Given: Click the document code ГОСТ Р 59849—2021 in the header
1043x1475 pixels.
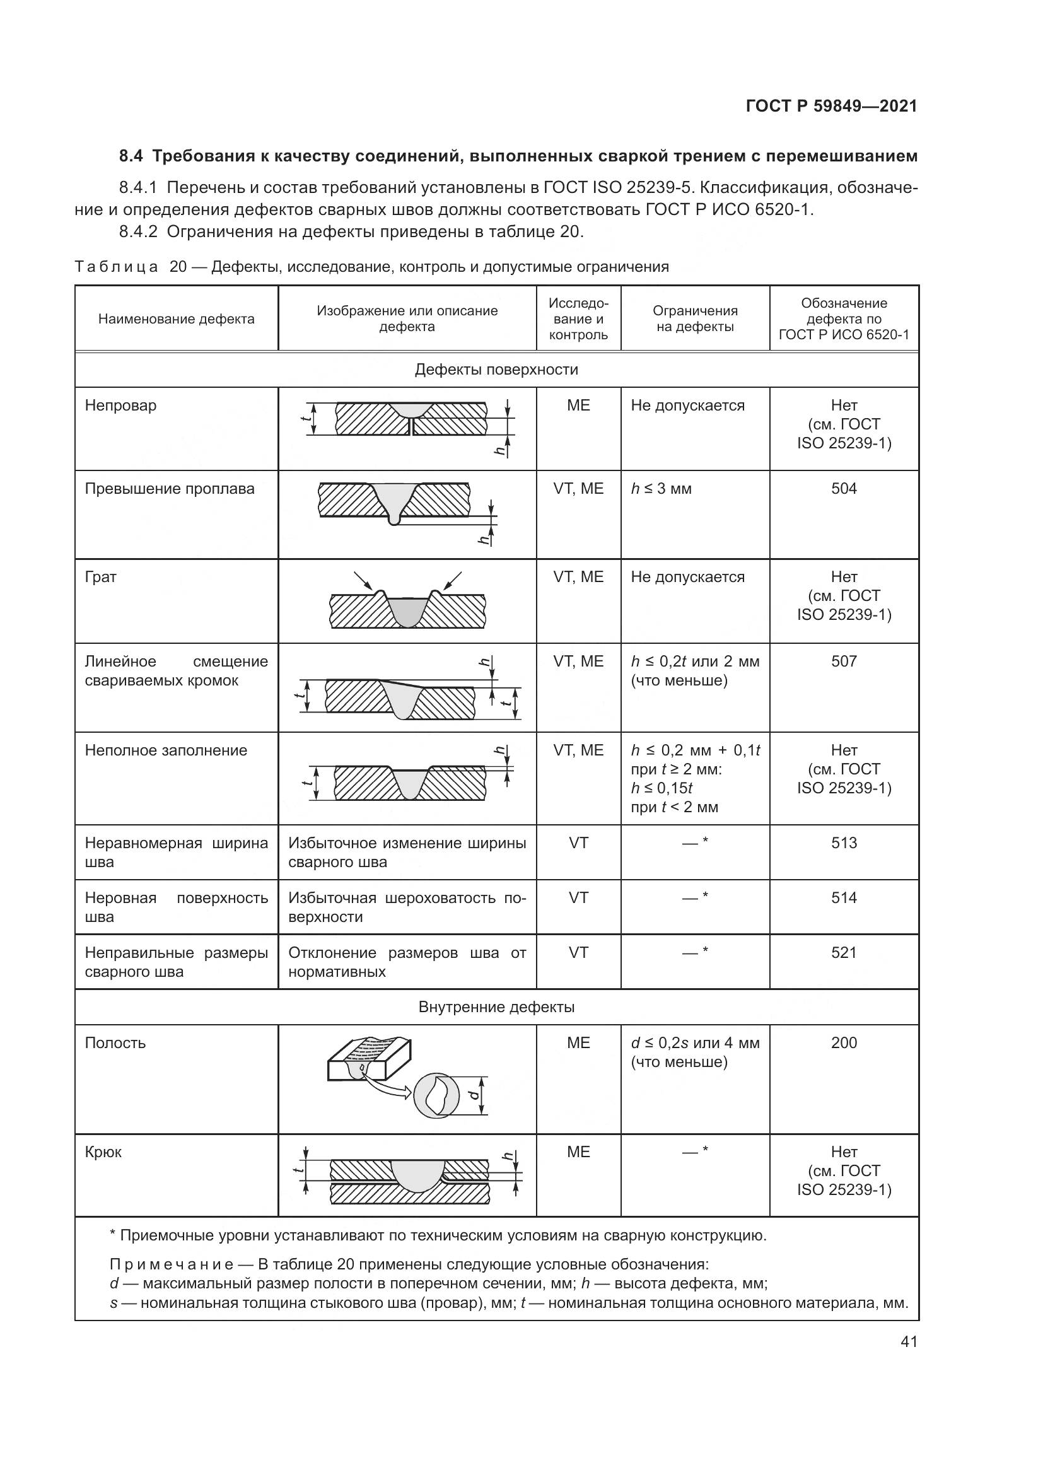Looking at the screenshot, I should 831,106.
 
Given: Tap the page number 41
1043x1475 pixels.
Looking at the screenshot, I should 909,1341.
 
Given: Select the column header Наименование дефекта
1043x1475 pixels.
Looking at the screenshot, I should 176,318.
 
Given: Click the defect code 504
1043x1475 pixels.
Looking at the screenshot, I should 843,488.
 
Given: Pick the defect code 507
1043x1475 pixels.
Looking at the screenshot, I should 843,661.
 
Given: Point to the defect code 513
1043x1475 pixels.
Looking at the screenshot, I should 843,843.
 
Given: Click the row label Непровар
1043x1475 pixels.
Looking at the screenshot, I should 120,405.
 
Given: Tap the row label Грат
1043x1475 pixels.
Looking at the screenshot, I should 101,577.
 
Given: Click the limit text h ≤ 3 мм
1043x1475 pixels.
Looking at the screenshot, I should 661,488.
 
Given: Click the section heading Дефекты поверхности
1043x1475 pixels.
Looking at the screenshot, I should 496,370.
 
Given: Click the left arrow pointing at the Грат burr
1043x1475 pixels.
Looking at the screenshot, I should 362,580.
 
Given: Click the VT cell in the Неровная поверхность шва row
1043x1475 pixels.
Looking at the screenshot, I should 578,897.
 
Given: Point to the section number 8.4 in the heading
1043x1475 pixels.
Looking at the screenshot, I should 131,156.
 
